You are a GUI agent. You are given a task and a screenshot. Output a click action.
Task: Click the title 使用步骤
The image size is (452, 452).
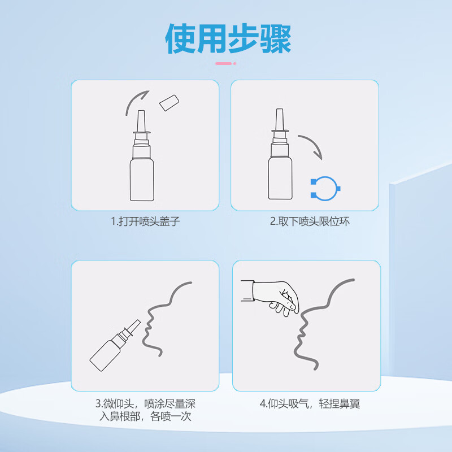(228, 39)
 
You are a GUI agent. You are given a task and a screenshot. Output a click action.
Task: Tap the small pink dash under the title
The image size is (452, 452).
(225, 64)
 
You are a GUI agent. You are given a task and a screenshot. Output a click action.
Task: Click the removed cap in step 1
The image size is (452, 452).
(169, 102)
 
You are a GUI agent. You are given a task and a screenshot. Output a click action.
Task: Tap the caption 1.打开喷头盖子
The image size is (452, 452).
(145, 221)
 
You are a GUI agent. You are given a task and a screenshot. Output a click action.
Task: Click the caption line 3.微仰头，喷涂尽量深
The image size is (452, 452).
(145, 405)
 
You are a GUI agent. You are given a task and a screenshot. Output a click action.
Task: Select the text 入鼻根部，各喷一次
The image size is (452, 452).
(145, 418)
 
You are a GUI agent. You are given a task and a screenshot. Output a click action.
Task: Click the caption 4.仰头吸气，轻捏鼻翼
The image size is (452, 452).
(310, 405)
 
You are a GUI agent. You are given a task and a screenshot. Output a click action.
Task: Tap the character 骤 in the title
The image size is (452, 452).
(275, 39)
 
